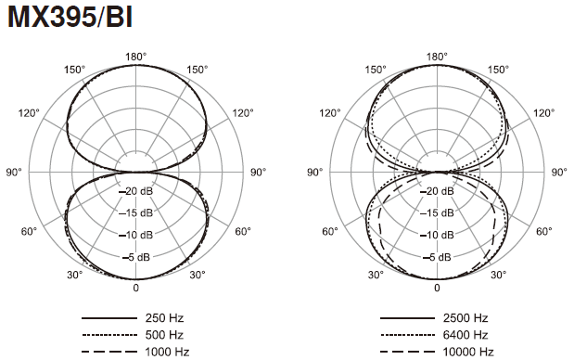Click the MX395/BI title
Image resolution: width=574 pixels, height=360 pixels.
70,17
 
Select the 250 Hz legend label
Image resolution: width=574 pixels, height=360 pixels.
164,318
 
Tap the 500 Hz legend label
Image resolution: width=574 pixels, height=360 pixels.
164,335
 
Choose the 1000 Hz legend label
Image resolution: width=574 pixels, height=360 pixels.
167,352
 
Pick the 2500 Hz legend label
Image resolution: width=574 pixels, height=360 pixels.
466,318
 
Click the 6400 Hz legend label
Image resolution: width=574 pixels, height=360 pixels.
466,335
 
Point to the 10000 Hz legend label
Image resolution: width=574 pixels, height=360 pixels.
468,352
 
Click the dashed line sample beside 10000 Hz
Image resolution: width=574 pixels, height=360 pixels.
407,352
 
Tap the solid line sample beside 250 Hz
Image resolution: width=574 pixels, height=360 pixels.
108,318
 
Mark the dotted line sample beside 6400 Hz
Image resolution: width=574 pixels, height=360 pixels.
407,335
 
